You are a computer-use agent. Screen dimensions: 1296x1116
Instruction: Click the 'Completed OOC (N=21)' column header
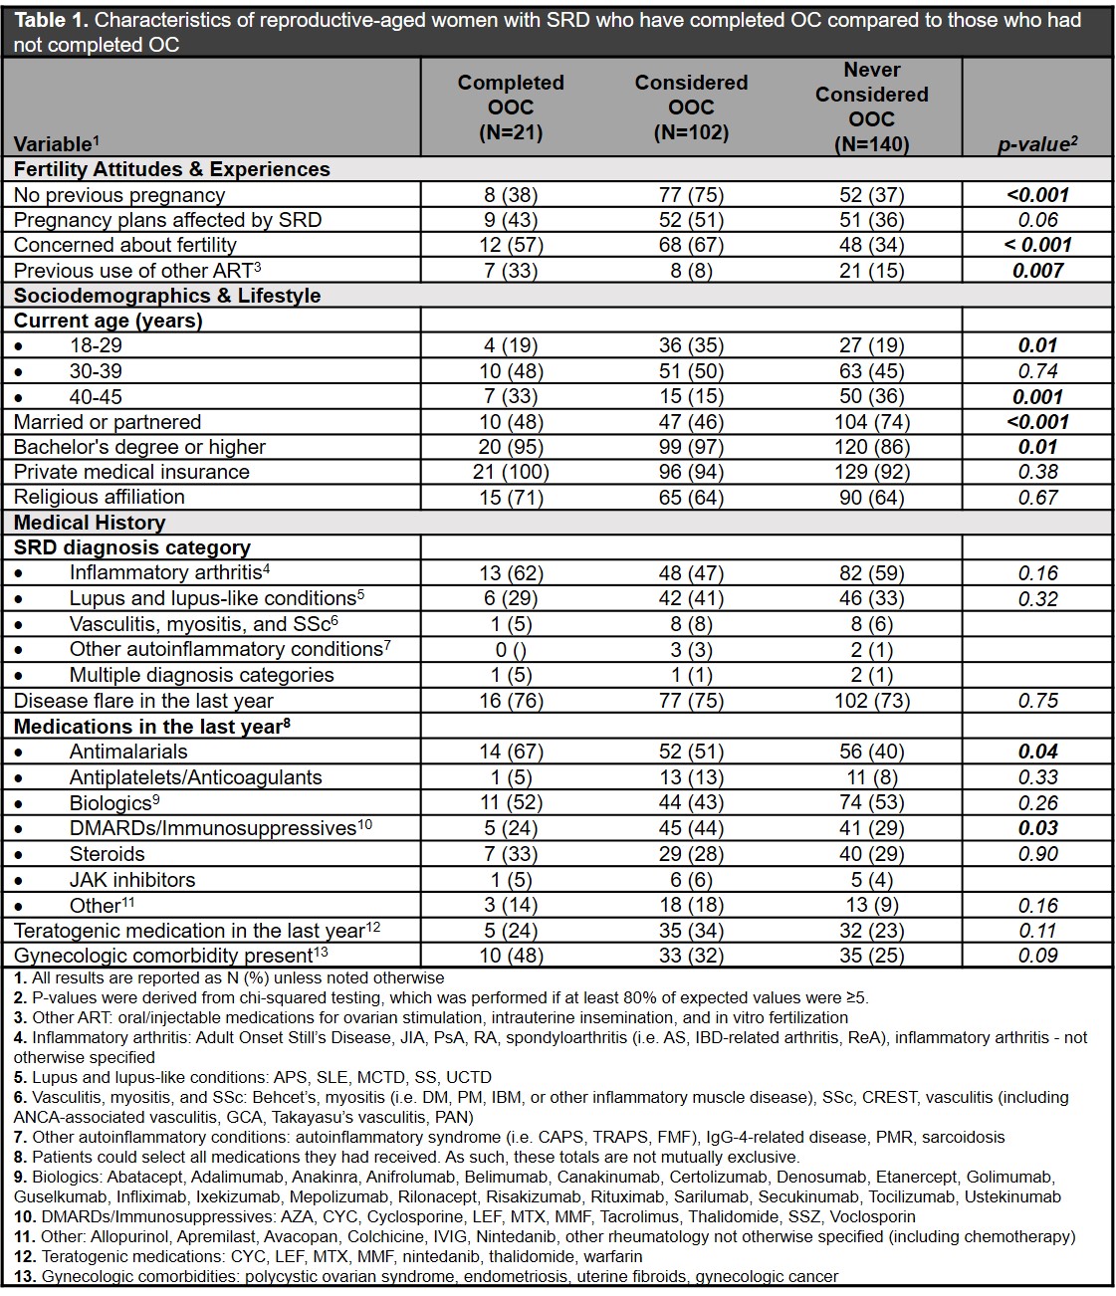coord(511,108)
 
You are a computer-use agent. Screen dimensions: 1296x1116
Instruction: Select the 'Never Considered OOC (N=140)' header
coord(871,108)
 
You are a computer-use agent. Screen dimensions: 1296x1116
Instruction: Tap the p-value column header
coord(1037,144)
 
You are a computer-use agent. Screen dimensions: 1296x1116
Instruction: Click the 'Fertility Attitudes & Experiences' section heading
coord(172,169)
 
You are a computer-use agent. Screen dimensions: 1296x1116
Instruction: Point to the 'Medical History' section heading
coord(90,523)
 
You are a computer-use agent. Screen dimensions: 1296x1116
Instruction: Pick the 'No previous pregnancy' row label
coord(119,195)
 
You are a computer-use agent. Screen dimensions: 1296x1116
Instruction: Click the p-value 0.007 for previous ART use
coord(1037,271)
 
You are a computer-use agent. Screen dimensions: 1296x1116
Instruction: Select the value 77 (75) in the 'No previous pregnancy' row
coord(691,195)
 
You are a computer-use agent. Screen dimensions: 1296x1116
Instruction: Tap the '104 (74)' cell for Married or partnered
coord(871,422)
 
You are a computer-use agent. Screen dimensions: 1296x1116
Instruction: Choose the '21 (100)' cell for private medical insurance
coord(511,472)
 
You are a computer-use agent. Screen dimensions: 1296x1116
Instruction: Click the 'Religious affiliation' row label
coord(100,497)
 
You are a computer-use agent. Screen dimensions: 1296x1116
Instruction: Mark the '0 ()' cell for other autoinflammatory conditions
coord(511,650)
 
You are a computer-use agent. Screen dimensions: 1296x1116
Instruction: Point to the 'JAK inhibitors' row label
coord(132,880)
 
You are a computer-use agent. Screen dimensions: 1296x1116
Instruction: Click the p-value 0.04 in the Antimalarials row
coord(1037,752)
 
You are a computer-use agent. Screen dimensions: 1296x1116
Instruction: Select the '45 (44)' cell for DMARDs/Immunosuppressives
coord(691,828)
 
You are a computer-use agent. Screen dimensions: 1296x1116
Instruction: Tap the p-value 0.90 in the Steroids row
coord(1037,854)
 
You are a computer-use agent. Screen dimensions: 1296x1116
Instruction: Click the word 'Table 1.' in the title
coord(49,20)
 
